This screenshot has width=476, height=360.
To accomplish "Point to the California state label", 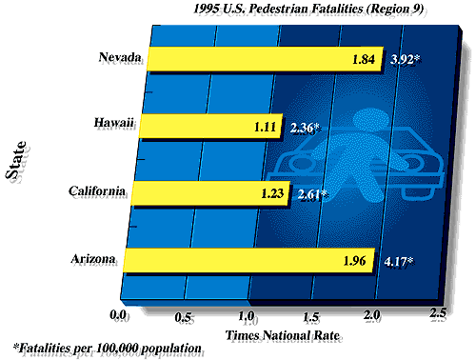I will (96, 191).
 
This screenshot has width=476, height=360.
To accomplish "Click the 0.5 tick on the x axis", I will (184, 316).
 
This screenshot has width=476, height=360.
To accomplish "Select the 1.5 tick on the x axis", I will (311, 316).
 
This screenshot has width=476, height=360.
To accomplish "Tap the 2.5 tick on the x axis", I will (438, 314).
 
